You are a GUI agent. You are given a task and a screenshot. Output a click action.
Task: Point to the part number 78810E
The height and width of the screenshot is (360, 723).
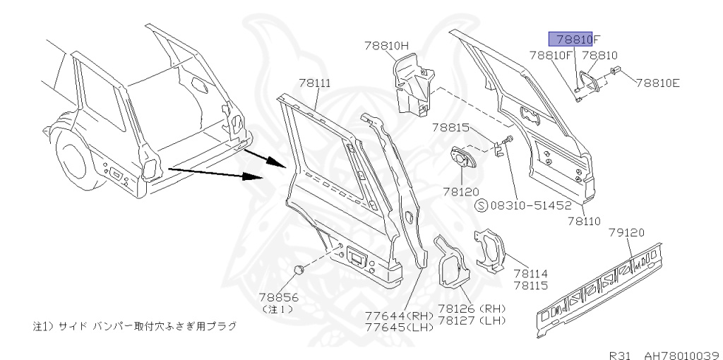(x=657, y=83)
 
